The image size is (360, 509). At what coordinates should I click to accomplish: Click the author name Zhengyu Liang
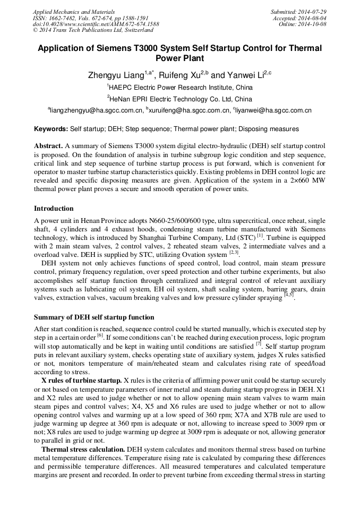coord(116,76)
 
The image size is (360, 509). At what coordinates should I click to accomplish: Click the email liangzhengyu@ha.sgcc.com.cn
coord(96,111)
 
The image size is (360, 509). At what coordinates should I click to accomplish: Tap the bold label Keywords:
coord(51,129)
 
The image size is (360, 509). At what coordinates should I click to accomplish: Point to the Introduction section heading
coord(54,209)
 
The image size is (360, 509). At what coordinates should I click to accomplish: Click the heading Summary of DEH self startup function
coord(94,317)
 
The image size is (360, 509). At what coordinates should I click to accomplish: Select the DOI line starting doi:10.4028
coord(96,24)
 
